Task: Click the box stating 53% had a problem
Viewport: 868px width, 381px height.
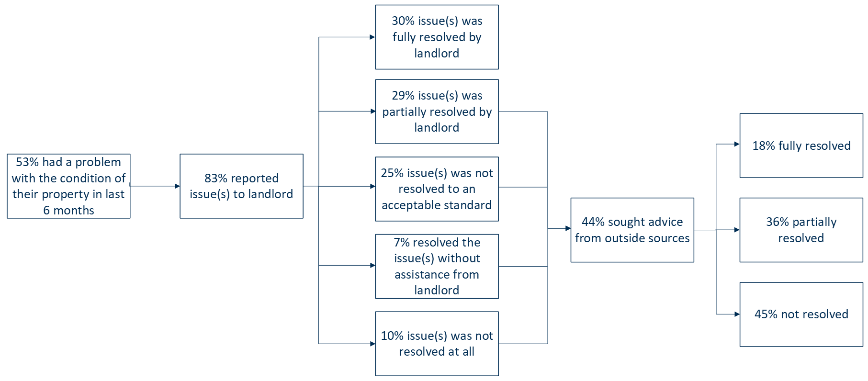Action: tap(68, 186)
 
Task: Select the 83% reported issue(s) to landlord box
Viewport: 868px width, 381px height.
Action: tap(241, 186)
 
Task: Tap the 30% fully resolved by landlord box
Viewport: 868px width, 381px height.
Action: tap(437, 37)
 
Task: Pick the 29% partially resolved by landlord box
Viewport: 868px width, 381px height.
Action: tap(437, 112)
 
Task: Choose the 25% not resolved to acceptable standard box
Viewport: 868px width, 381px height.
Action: tap(437, 189)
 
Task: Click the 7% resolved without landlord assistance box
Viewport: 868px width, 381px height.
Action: tap(437, 266)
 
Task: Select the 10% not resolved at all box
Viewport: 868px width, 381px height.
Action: tap(437, 344)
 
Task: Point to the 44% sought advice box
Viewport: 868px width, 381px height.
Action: tap(632, 230)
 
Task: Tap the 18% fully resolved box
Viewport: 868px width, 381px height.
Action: tap(801, 146)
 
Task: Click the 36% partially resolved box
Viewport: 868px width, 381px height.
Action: tap(801, 230)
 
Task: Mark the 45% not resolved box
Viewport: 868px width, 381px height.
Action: tap(801, 314)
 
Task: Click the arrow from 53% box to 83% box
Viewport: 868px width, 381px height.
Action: tap(155, 186)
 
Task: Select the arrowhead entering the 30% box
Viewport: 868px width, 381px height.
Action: tap(372, 37)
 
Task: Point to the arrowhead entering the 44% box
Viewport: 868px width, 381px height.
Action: tap(568, 228)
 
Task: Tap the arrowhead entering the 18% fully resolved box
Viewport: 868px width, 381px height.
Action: tap(737, 144)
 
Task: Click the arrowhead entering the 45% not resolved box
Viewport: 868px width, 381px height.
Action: tap(737, 314)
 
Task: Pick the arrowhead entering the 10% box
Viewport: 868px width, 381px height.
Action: tap(372, 344)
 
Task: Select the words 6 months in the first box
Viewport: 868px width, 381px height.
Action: tap(68, 211)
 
